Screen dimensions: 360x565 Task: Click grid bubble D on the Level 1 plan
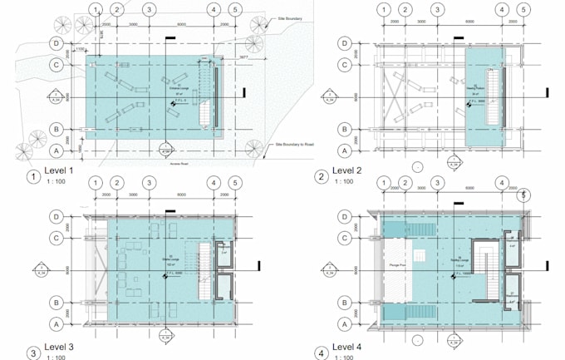[57, 42]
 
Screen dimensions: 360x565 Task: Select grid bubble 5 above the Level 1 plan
[235, 10]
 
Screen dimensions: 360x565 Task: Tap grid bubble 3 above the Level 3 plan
[148, 183]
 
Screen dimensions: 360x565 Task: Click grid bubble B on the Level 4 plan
[344, 303]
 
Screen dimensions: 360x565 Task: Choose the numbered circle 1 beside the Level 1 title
[33, 176]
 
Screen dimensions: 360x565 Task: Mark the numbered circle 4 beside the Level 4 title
[321, 353]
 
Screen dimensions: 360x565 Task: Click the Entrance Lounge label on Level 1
[179, 86]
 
